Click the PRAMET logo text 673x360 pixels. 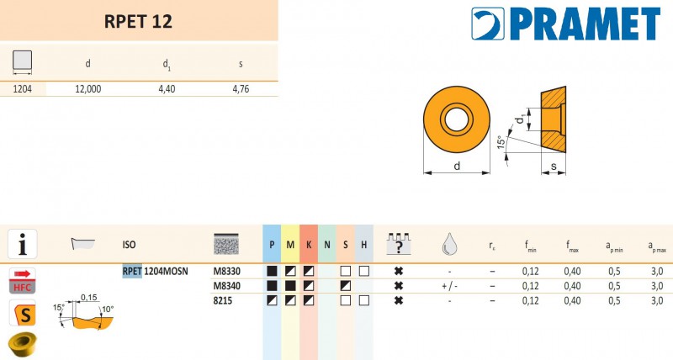point(586,24)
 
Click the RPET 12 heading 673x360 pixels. point(138,22)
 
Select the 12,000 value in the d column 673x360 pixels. point(88,89)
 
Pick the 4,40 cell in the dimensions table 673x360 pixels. point(167,89)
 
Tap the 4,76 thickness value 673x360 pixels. point(241,89)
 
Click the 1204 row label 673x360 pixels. point(23,89)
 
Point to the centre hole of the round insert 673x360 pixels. point(457,119)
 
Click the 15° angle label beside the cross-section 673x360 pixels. point(501,142)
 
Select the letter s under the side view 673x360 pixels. point(554,166)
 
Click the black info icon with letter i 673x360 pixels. point(23,244)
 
